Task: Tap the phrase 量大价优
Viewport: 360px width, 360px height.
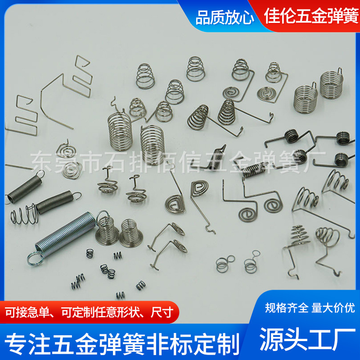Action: point(333,308)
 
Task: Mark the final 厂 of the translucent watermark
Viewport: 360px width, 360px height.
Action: point(317,159)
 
